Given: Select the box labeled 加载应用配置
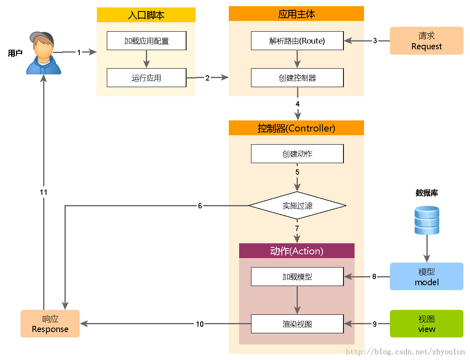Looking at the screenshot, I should [x=146, y=41].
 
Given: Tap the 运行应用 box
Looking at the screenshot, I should [x=146, y=78].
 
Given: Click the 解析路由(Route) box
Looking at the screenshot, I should [x=297, y=41].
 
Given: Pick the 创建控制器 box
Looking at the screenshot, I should [x=297, y=78].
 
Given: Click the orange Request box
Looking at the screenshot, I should [x=426, y=41].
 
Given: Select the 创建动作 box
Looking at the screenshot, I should [x=297, y=154].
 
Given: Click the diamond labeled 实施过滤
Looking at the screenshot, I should [x=297, y=205].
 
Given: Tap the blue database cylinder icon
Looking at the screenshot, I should [x=426, y=221].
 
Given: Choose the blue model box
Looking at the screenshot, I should [x=426, y=277].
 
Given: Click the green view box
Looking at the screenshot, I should [x=426, y=324].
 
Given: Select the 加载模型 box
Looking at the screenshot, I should [x=297, y=277].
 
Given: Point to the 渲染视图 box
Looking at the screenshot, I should [x=297, y=324].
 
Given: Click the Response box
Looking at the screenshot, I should [x=50, y=324].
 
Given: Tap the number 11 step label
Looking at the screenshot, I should [x=44, y=192].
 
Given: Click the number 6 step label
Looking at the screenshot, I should [x=200, y=205].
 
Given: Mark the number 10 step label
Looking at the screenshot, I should [x=200, y=324].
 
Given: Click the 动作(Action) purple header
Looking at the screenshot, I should [x=297, y=251].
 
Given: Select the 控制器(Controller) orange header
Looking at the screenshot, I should [x=296, y=128].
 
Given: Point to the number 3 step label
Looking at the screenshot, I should [x=375, y=41].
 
